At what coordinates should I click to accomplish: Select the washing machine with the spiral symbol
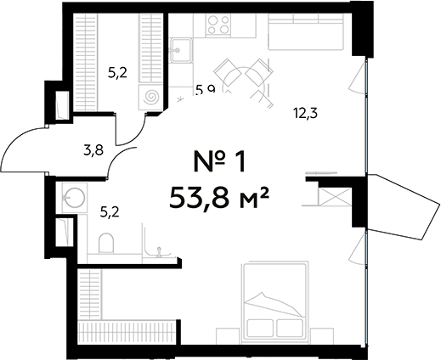151,98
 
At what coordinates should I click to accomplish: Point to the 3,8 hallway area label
93,151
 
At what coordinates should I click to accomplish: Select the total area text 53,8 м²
219,200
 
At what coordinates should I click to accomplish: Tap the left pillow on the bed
260,327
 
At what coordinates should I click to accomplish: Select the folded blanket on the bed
274,299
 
